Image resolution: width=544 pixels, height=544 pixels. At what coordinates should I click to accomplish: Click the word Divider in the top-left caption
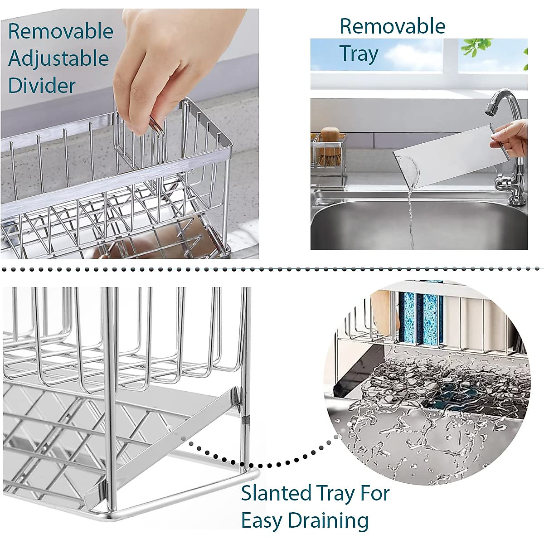click(x=42, y=86)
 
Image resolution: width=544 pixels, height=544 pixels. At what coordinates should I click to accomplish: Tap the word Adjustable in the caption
click(x=59, y=59)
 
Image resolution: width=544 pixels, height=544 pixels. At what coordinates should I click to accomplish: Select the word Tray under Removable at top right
click(x=359, y=54)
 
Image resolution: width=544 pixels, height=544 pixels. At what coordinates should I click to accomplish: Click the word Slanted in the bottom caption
click(x=276, y=493)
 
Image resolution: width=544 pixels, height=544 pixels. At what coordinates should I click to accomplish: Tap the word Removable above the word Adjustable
click(x=61, y=32)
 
